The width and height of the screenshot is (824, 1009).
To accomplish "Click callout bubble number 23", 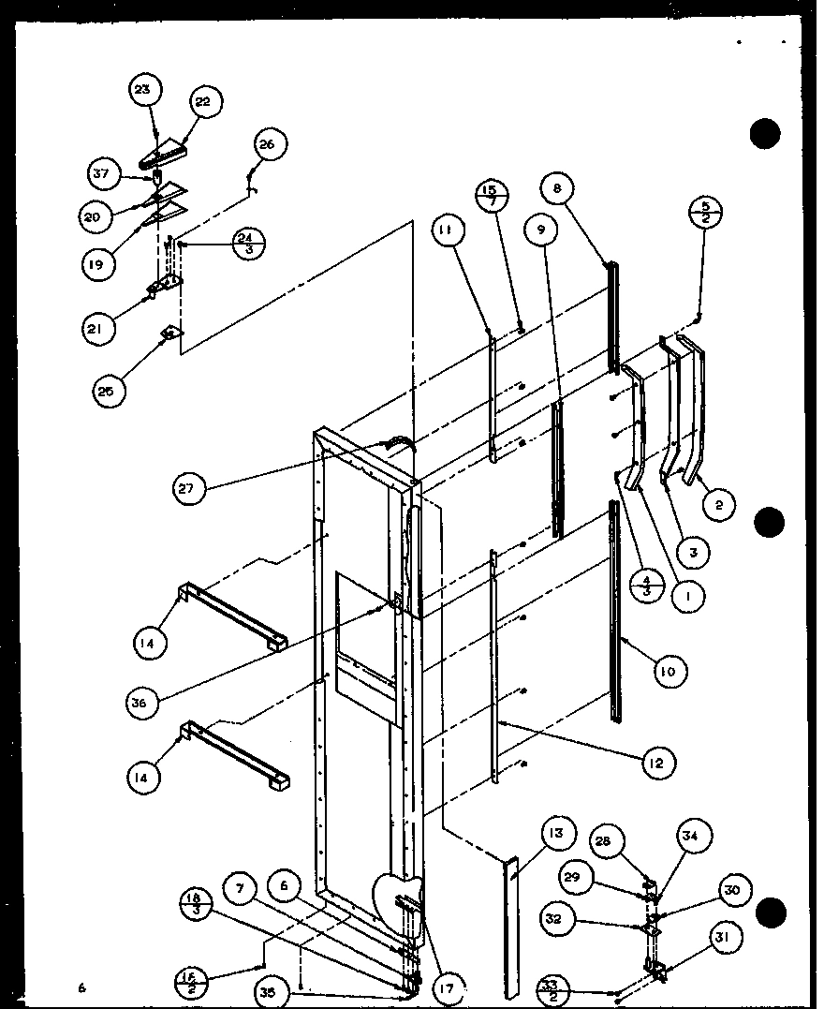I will click(143, 91).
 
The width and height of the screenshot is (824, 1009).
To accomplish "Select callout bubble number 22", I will click(203, 102).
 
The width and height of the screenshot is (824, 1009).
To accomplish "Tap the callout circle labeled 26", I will click(268, 144).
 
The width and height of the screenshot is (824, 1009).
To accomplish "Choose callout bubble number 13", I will click(556, 833).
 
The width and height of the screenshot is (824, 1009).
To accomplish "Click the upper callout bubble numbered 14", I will click(149, 643).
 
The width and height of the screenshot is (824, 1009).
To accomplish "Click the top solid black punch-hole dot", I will click(765, 134).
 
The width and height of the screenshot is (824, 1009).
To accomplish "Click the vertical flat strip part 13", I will click(510, 927).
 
